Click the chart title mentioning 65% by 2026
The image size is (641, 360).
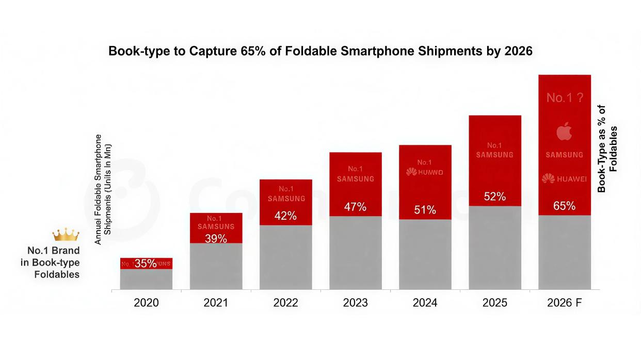tap(320, 52)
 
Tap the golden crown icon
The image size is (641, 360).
tap(66, 235)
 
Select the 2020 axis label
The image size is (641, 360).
tap(146, 303)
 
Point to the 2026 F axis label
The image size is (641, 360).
tap(564, 303)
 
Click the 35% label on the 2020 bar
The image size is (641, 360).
tap(146, 264)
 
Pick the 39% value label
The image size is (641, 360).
tap(216, 238)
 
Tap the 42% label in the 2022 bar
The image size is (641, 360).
tap(285, 216)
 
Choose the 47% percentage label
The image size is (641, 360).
tap(355, 207)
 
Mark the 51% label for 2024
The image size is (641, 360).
tap(425, 210)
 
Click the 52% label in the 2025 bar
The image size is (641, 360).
tap(494, 197)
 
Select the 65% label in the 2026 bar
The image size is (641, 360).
tap(564, 206)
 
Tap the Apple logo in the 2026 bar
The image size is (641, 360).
tap(564, 133)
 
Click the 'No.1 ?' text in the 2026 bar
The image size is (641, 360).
tap(564, 97)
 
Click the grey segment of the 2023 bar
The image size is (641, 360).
tap(355, 253)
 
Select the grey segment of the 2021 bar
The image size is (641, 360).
tap(216, 266)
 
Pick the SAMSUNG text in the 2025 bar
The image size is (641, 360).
tap(494, 155)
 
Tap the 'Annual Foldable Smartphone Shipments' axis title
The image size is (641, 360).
tap(103, 189)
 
